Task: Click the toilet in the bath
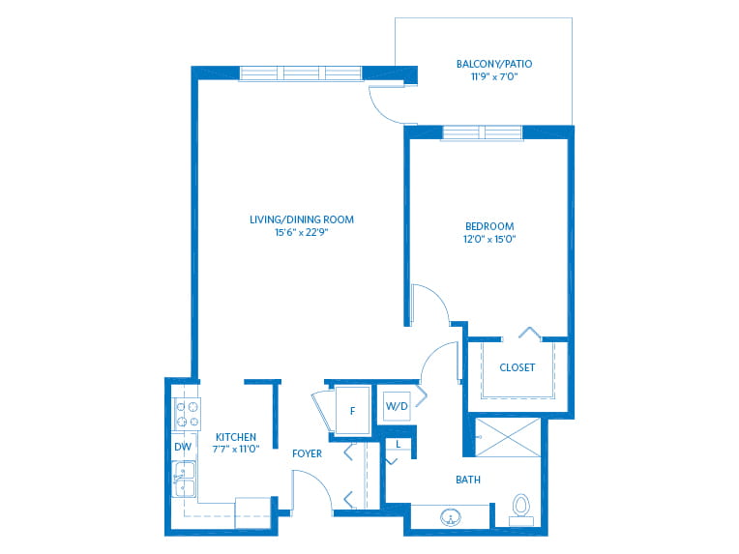tap(520, 510)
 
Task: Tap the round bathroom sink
tap(451, 517)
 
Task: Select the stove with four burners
tap(188, 414)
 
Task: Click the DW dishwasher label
tap(183, 447)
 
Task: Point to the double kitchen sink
tap(185, 480)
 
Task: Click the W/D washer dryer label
tap(397, 406)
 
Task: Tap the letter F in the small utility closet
tap(352, 411)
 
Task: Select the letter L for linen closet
tap(399, 444)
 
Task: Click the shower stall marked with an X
tap(507, 437)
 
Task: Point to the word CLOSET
tap(517, 367)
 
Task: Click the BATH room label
tap(468, 480)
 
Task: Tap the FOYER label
tap(307, 453)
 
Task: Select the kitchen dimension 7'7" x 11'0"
tap(236, 449)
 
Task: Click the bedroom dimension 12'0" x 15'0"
tap(489, 239)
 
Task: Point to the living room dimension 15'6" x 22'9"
tap(302, 232)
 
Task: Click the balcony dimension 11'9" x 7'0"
tap(494, 76)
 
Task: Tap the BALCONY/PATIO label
tap(494, 64)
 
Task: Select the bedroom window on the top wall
tap(482, 132)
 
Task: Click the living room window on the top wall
tap(301, 73)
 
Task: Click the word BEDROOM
tap(489, 226)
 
